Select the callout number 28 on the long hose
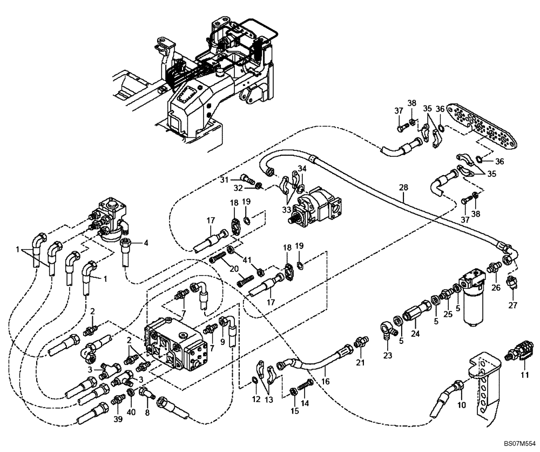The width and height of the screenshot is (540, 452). point(403,188)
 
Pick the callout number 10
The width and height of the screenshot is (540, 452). point(461,405)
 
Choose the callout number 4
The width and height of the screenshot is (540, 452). point(145,243)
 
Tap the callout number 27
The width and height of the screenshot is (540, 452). point(513,305)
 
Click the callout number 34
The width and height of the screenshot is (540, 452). point(302,169)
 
